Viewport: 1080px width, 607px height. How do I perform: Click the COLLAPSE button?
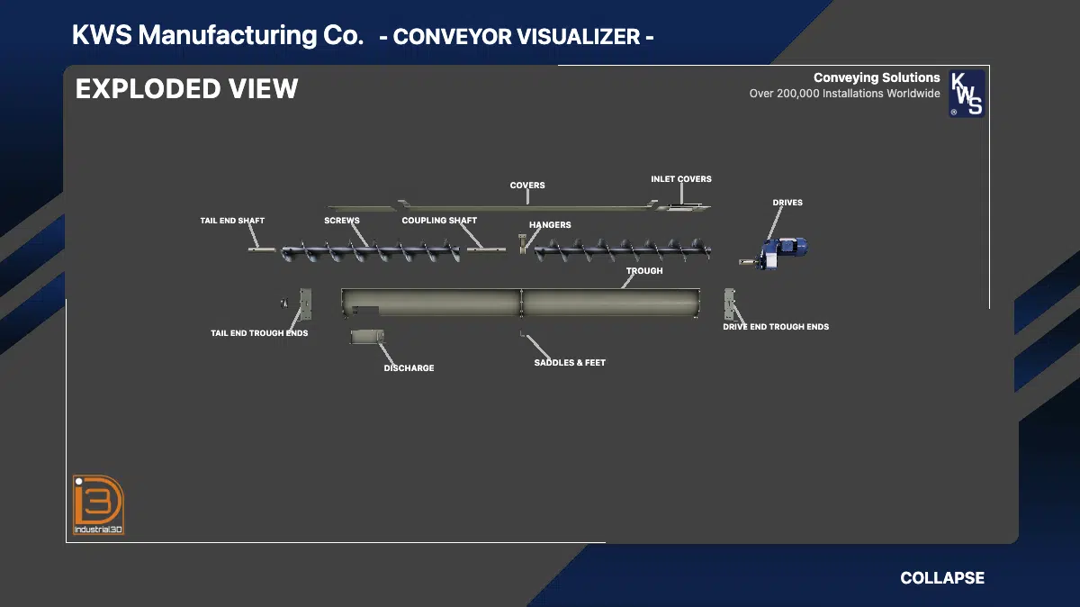point(941,578)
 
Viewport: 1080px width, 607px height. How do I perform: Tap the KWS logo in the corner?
point(967,95)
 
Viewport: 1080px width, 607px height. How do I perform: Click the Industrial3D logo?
point(98,505)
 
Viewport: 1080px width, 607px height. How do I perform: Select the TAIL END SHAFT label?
point(232,221)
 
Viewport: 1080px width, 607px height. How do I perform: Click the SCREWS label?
point(342,221)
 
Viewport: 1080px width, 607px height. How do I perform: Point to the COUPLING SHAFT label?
point(439,221)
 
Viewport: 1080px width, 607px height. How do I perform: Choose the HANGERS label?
point(550,225)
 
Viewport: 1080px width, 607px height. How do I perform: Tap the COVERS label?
point(527,186)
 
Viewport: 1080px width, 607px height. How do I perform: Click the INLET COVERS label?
point(681,179)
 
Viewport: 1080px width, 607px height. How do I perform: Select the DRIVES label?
point(787,203)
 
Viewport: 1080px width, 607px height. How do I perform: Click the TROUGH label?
point(644,271)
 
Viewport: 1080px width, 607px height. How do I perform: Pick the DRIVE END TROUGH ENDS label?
point(776,327)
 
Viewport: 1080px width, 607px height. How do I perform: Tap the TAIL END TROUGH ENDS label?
point(259,333)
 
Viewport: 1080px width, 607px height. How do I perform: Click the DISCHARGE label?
point(409,368)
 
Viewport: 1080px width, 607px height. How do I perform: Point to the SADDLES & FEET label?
point(570,363)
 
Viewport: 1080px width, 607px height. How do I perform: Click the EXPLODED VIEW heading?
point(186,89)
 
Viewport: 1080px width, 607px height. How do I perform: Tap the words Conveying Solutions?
point(876,78)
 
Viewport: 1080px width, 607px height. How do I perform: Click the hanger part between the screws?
point(522,243)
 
